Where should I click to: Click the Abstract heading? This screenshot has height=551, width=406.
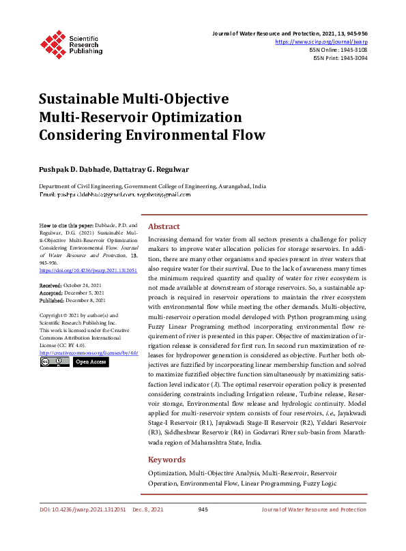[164, 226]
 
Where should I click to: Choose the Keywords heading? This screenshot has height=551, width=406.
[166, 460]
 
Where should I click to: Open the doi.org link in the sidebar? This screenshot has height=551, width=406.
[88, 270]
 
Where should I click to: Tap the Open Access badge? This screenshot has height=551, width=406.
[90, 362]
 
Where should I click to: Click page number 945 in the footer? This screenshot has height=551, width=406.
[203, 509]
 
